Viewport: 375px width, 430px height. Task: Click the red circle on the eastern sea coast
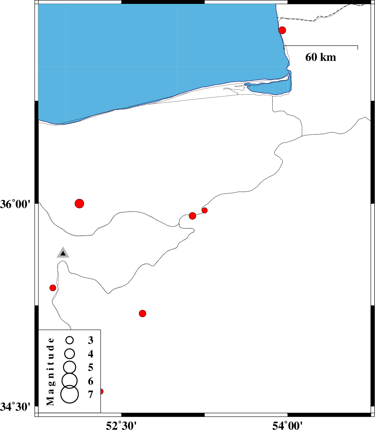click(x=282, y=30)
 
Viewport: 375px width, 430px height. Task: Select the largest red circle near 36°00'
click(x=80, y=203)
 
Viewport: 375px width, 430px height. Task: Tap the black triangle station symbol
click(x=63, y=253)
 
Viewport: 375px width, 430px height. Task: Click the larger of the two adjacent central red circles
click(x=192, y=216)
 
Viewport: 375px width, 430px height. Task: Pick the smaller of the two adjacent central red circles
click(x=205, y=210)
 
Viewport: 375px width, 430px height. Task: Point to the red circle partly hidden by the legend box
click(x=101, y=392)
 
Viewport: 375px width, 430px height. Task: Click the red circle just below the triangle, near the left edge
click(x=53, y=288)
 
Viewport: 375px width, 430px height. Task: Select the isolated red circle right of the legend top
click(x=142, y=314)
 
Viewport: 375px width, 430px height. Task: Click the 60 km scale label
click(x=320, y=57)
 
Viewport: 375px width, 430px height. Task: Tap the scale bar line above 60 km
click(x=321, y=46)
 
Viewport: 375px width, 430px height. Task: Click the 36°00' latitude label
click(x=15, y=204)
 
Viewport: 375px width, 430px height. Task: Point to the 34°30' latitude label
click(x=15, y=407)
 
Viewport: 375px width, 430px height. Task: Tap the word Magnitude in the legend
click(x=50, y=372)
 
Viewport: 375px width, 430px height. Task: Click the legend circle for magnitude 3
click(x=70, y=340)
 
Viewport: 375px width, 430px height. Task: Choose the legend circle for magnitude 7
click(x=70, y=394)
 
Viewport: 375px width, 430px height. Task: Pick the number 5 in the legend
click(x=90, y=367)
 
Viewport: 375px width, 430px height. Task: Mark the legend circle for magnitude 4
click(x=70, y=354)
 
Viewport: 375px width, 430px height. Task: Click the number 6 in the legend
click(x=90, y=381)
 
